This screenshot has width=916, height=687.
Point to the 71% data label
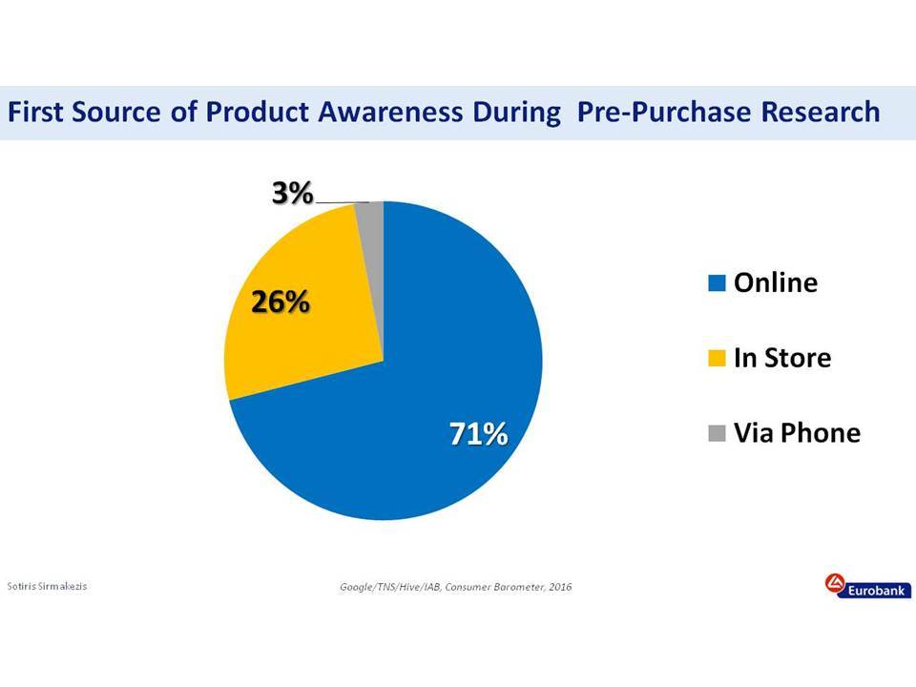478,434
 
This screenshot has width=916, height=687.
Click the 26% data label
281,302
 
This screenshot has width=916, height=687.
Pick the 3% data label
293,193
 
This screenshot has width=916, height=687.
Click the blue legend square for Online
717,282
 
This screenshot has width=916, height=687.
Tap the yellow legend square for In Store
717,358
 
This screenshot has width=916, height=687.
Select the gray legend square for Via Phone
717,433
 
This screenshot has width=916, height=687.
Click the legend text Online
776,282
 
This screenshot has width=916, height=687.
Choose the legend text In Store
782,358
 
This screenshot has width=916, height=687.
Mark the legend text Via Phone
797,433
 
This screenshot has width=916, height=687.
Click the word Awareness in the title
390,112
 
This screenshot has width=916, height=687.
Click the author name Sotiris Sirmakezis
47,586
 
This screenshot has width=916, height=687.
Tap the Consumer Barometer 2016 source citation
456,587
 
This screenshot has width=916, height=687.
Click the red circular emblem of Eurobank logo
835,583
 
